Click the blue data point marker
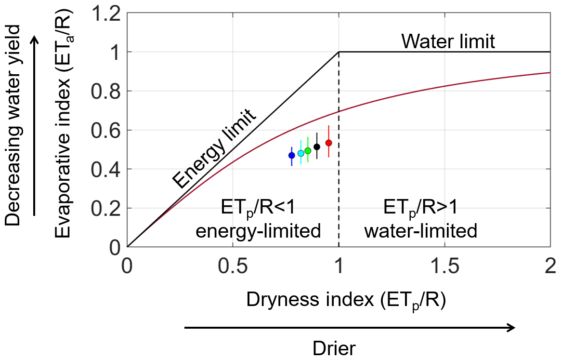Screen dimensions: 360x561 [x=291, y=155]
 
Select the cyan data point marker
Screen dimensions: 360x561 [x=301, y=153]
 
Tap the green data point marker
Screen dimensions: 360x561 [x=308, y=151]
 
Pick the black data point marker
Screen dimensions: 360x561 [x=317, y=147]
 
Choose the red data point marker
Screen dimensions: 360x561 [x=329, y=143]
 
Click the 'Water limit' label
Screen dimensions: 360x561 [x=448, y=42]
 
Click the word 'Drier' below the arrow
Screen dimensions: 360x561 [x=334, y=348]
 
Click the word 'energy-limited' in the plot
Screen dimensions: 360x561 [x=258, y=231]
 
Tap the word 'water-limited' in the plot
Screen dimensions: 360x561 [x=420, y=231]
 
